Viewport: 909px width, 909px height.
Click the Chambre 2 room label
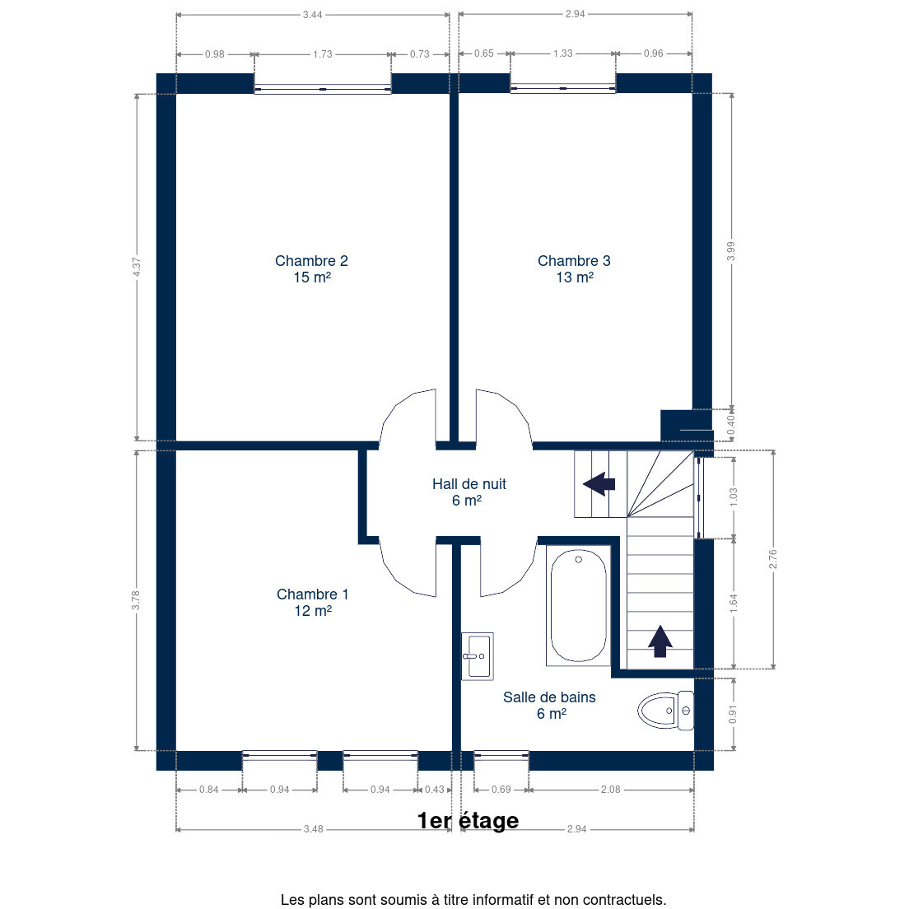click(x=312, y=269)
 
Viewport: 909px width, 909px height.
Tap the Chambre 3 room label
click(x=575, y=269)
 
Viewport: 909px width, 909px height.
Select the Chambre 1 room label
click(x=313, y=603)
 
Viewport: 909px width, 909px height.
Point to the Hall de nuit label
click(x=469, y=492)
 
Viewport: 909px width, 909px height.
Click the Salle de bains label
click(x=549, y=706)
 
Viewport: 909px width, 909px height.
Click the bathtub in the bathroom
click(x=578, y=605)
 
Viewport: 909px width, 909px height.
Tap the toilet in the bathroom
click(x=665, y=710)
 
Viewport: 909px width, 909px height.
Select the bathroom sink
click(x=478, y=656)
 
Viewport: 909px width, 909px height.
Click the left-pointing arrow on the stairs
click(x=599, y=483)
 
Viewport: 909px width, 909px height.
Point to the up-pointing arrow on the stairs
click(x=660, y=641)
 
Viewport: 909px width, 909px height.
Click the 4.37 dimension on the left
click(x=137, y=267)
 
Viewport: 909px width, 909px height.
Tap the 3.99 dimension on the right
click(x=731, y=251)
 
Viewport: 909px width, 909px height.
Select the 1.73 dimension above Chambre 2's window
click(x=322, y=54)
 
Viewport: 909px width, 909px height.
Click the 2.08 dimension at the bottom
click(x=610, y=790)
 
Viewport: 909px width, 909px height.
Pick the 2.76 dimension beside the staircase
click(x=773, y=559)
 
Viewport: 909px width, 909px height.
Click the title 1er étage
click(x=468, y=820)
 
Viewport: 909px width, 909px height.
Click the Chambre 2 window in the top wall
click(x=322, y=89)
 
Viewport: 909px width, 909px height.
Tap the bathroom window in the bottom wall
click(x=501, y=755)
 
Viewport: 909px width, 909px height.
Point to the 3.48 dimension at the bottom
click(x=313, y=829)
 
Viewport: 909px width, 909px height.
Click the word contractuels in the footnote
click(x=624, y=900)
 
